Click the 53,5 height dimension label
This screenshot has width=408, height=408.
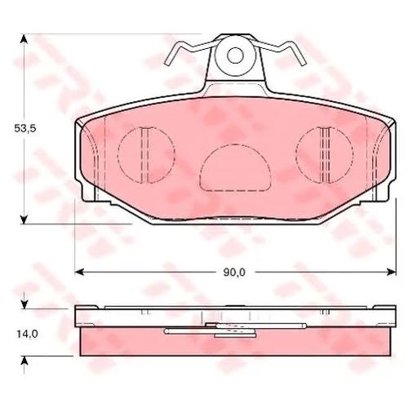coord(25,128)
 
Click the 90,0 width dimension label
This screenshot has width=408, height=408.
coord(234,273)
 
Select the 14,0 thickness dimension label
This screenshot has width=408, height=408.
coord(28,334)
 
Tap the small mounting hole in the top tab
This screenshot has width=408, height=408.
coord(235,55)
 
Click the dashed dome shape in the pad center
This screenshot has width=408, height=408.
coord(235,144)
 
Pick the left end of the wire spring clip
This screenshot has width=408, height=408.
coord(167,64)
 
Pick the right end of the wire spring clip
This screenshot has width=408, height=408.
coord(304,64)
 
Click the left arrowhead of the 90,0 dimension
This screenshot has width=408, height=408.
coord(79,272)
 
